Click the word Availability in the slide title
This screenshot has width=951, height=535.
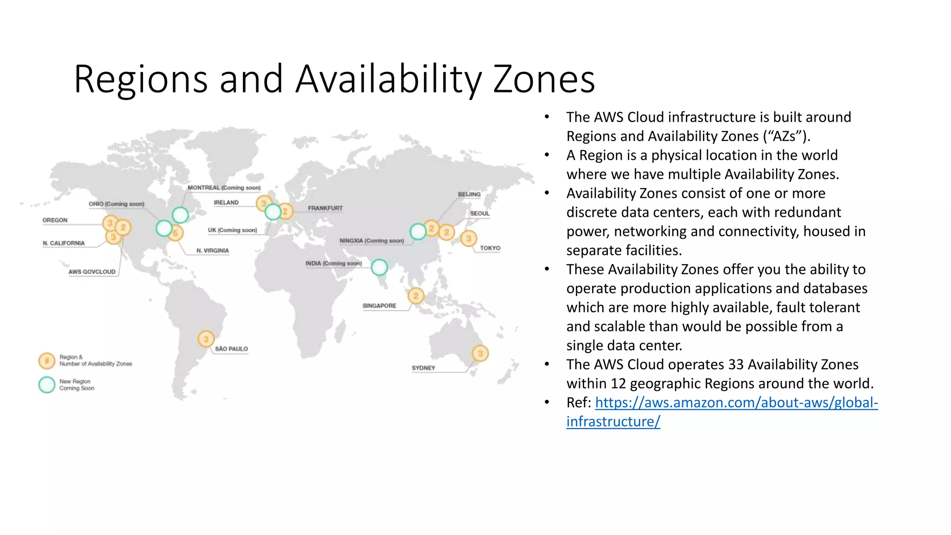pyautogui.click(x=389, y=79)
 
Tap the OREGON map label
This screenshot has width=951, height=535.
pyautogui.click(x=55, y=220)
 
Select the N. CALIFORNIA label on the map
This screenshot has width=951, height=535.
pyautogui.click(x=64, y=243)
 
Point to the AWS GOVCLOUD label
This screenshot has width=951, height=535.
pyautogui.click(x=92, y=272)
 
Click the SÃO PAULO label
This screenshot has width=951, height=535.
pyautogui.click(x=231, y=349)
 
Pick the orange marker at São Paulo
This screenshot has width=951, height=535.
pyautogui.click(x=206, y=339)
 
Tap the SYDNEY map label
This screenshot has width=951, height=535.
pyautogui.click(x=423, y=368)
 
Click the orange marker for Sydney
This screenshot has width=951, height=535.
pyautogui.click(x=480, y=353)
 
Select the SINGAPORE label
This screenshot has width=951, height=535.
pyautogui.click(x=379, y=306)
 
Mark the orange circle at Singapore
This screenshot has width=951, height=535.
pyautogui.click(x=416, y=296)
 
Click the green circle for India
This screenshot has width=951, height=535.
pyautogui.click(x=379, y=267)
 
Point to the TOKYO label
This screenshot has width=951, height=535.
pyautogui.click(x=490, y=248)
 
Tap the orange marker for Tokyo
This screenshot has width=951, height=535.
pyautogui.click(x=469, y=239)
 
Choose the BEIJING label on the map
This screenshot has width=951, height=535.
pyautogui.click(x=469, y=194)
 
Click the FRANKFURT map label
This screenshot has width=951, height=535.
pyautogui.click(x=325, y=208)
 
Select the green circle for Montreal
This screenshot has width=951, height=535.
pyautogui.click(x=180, y=215)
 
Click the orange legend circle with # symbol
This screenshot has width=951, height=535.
pyautogui.click(x=47, y=360)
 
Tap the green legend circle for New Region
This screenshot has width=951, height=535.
pyautogui.click(x=47, y=385)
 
